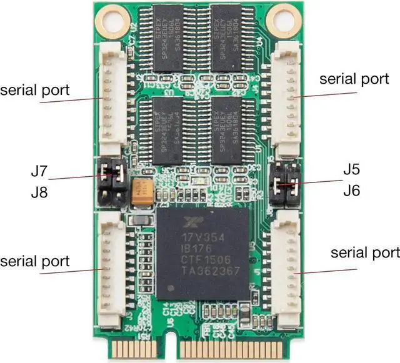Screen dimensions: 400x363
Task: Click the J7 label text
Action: [x=39, y=169]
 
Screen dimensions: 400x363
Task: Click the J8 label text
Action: [x=39, y=193]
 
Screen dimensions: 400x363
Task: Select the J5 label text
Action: [x=351, y=169]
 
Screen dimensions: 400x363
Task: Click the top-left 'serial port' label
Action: [x=35, y=89]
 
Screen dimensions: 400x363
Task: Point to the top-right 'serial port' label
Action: [x=354, y=79]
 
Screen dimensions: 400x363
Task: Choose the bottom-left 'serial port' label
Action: [x=35, y=261]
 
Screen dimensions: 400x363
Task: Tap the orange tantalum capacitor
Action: [x=142, y=189]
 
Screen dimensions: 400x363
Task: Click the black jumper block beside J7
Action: [x=112, y=184]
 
